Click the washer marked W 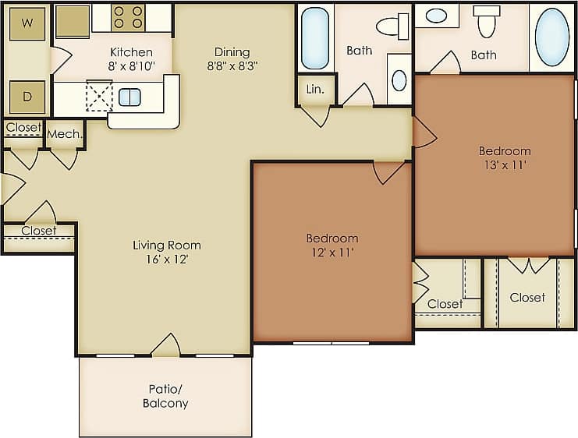(27, 23)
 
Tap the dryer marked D (27, 97)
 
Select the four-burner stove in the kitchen (128, 17)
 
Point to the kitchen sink (129, 97)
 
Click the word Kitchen (130, 52)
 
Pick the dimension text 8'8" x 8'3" (232, 66)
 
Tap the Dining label (232, 52)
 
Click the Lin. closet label (316, 90)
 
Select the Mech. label (65, 134)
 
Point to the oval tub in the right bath (552, 37)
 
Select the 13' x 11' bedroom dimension (504, 165)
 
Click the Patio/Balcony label (165, 396)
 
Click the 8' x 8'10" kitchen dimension (130, 66)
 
